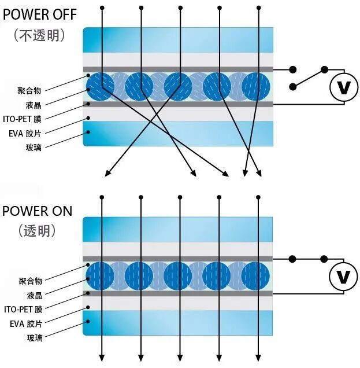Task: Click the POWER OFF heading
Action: coord(39,14)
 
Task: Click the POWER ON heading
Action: coord(38,210)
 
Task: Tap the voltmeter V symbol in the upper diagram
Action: coord(343,88)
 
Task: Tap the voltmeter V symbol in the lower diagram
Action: coord(343,277)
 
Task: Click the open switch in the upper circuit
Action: coord(309,78)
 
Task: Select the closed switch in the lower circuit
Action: coord(309,259)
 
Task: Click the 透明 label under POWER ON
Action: coord(38,230)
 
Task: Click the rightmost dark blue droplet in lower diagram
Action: coord(255,276)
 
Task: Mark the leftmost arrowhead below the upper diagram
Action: coord(106,174)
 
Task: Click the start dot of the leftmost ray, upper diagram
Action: coord(102,8)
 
